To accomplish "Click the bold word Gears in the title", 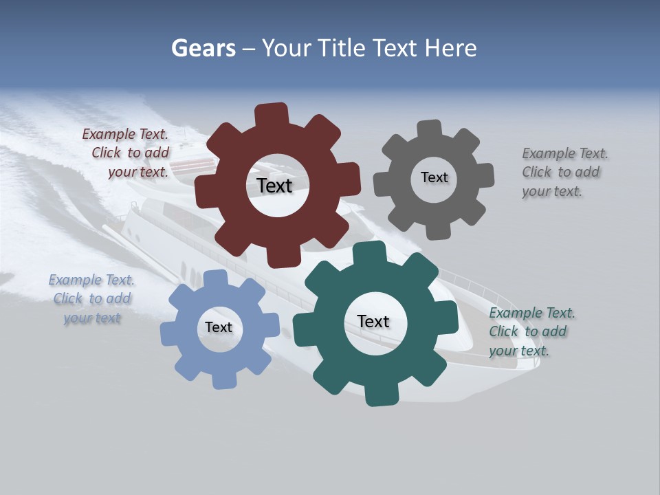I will tap(203, 48).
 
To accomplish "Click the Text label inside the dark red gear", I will tap(274, 186).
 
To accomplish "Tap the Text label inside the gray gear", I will tap(434, 177).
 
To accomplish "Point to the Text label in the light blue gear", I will tap(219, 327).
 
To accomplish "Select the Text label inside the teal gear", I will tap(373, 321).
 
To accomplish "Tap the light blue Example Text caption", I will tap(91, 298).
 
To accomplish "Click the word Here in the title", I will tap(451, 48).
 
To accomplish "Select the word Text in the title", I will tap(395, 48).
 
